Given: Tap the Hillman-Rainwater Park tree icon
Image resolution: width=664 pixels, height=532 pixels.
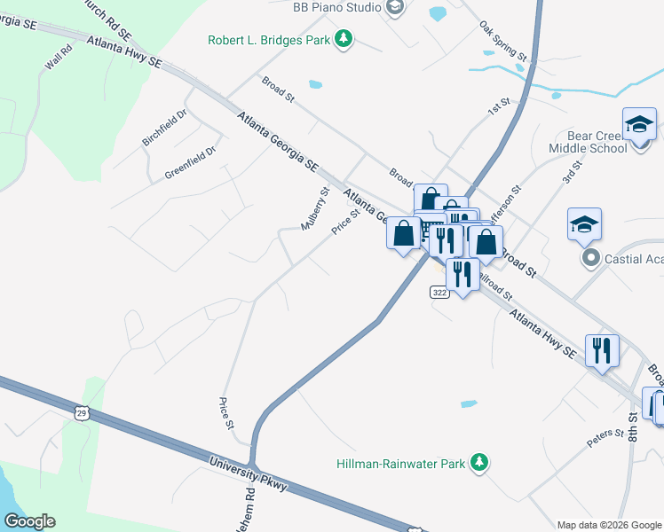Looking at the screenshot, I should [x=479, y=463].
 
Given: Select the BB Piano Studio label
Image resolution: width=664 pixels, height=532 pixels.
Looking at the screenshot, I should [x=336, y=8].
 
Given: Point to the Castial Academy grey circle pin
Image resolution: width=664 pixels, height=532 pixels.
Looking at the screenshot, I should [x=590, y=258].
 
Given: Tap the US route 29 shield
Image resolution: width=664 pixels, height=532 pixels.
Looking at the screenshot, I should [x=82, y=413].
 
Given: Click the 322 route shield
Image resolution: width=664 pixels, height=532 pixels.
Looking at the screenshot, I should [x=439, y=292].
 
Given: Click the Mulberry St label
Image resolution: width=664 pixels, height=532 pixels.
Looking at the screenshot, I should [x=315, y=208].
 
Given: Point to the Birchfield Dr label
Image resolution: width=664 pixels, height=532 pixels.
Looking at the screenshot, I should [x=164, y=129].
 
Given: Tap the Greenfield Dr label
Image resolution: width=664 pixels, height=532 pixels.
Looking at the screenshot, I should [x=190, y=164].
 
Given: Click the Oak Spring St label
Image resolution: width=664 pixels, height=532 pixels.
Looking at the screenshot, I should [x=503, y=42].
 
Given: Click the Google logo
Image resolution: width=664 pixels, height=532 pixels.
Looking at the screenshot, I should [x=28, y=521].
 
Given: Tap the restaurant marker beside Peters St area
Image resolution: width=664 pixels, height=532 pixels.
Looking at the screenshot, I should [x=602, y=349].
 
